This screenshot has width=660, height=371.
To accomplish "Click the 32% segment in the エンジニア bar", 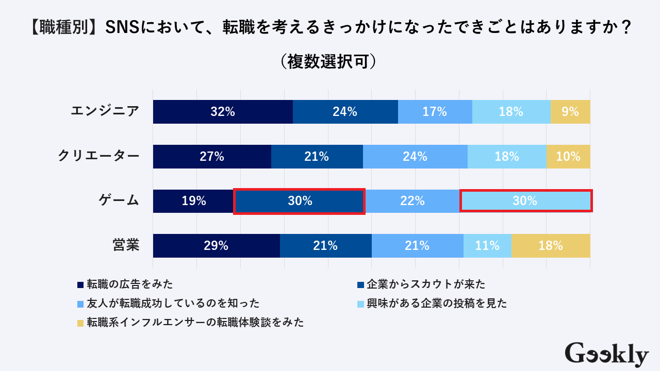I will pyautogui.click(x=223, y=112).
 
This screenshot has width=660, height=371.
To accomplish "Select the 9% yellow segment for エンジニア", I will pyautogui.click(x=570, y=112).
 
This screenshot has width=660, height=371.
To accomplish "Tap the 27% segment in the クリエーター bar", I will pyautogui.click(x=212, y=157).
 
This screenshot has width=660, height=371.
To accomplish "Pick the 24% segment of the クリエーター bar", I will pyautogui.click(x=415, y=157).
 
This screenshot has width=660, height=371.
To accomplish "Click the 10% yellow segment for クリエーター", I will pyautogui.click(x=568, y=157).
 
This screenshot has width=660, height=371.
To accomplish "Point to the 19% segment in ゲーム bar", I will pyautogui.click(x=193, y=201).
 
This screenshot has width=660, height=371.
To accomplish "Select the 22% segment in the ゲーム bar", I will pyautogui.click(x=412, y=201).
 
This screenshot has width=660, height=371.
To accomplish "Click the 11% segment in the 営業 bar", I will pyautogui.click(x=487, y=246).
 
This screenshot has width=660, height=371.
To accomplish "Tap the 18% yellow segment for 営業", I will pyautogui.click(x=551, y=246).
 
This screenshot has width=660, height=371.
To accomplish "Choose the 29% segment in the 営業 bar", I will pyautogui.click(x=216, y=246).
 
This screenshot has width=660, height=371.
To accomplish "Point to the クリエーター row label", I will pyautogui.click(x=98, y=156).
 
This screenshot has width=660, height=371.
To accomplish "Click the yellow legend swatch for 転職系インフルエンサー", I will pyautogui.click(x=80, y=323).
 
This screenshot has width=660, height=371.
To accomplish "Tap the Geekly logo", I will pyautogui.click(x=606, y=355).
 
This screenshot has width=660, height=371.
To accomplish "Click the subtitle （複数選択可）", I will pyautogui.click(x=330, y=61).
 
